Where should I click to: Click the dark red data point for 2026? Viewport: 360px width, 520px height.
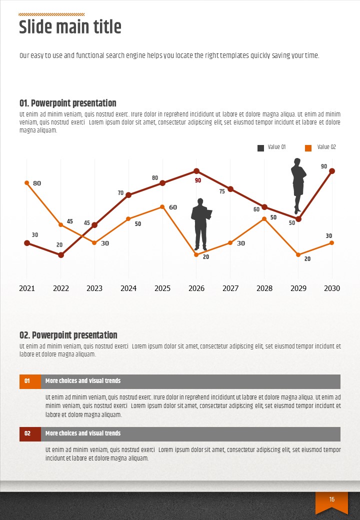coord(196,171)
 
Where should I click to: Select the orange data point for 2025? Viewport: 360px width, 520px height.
coord(162,207)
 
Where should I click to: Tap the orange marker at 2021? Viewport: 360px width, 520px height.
coord(27,183)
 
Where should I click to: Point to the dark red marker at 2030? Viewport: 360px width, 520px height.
coord(332,171)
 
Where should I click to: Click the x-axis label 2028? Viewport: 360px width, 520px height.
coord(264,288)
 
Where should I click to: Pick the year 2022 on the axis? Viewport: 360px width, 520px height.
coord(61,288)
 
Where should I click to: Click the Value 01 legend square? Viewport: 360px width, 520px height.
coord(260,148)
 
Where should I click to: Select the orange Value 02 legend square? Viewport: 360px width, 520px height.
coord(308,148)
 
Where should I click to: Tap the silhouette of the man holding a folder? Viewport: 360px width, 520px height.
coord(201,224)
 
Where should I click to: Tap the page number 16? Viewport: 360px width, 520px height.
coord(331,499)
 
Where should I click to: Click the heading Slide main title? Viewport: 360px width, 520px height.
coord(70,27)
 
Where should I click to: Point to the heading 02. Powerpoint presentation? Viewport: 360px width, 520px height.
coord(68,335)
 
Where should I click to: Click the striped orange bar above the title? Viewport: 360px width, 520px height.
coord(51,14)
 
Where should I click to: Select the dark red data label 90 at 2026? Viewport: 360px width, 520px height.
coord(198,180)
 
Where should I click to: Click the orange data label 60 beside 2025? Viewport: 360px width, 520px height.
coord(173,207)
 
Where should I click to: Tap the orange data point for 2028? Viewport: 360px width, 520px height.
coord(264,219)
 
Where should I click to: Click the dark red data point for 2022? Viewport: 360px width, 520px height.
coord(61,255)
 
